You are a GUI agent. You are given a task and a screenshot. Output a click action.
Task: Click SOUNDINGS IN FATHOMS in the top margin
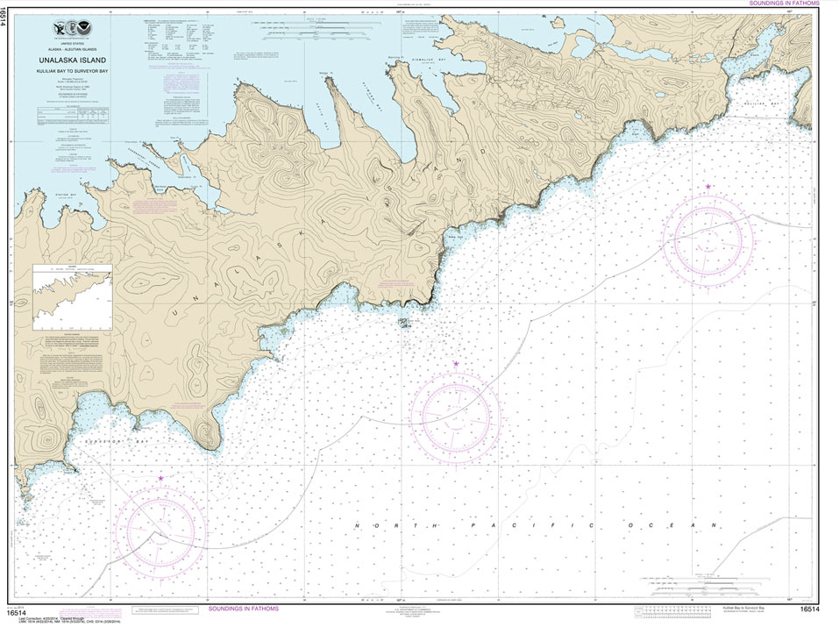783,4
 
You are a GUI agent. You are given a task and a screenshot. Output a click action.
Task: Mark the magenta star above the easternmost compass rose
707,187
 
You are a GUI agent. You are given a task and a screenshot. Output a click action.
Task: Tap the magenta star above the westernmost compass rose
160,478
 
